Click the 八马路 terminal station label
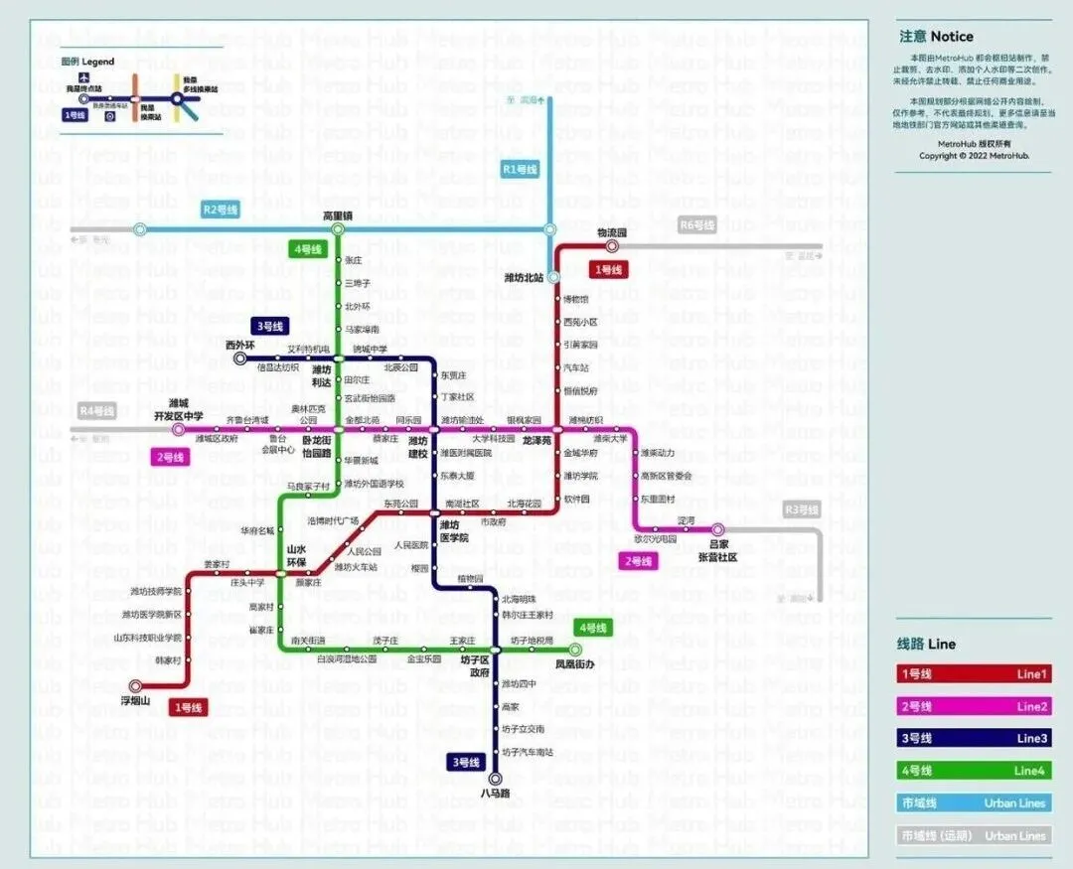pos(495,794)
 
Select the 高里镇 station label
pos(338,216)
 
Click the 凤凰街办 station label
pos(574,663)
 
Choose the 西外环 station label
pos(240,345)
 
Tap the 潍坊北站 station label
pos(525,277)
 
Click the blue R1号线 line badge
pos(520,170)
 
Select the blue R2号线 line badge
pos(220,210)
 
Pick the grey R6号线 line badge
pos(697,225)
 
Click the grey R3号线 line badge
pos(802,510)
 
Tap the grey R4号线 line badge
pos(96,410)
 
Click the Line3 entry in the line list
pos(974,738)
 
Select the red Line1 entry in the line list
pos(974,674)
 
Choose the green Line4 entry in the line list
pos(974,771)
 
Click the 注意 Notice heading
pos(936,37)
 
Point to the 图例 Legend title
pos(87,62)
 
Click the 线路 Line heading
pos(926,644)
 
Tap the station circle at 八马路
pos(495,779)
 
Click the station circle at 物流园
pos(612,246)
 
